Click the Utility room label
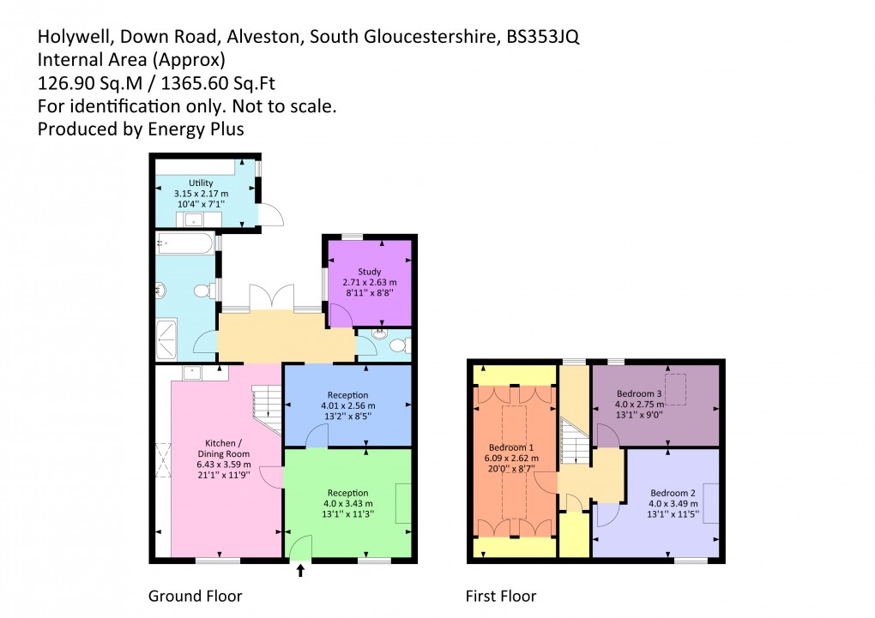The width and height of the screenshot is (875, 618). (x=201, y=183)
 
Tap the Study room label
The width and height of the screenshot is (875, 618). (x=369, y=273)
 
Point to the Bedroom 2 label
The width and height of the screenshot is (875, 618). (x=673, y=493)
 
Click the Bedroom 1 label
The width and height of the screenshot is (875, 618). (x=512, y=447)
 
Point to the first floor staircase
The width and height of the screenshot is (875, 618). (x=572, y=446)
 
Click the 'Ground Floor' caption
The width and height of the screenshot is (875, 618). (x=196, y=596)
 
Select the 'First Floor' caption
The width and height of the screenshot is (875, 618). (x=501, y=596)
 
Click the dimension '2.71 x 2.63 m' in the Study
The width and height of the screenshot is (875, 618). (x=369, y=282)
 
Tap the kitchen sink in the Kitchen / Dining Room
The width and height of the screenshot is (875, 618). (x=192, y=373)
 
